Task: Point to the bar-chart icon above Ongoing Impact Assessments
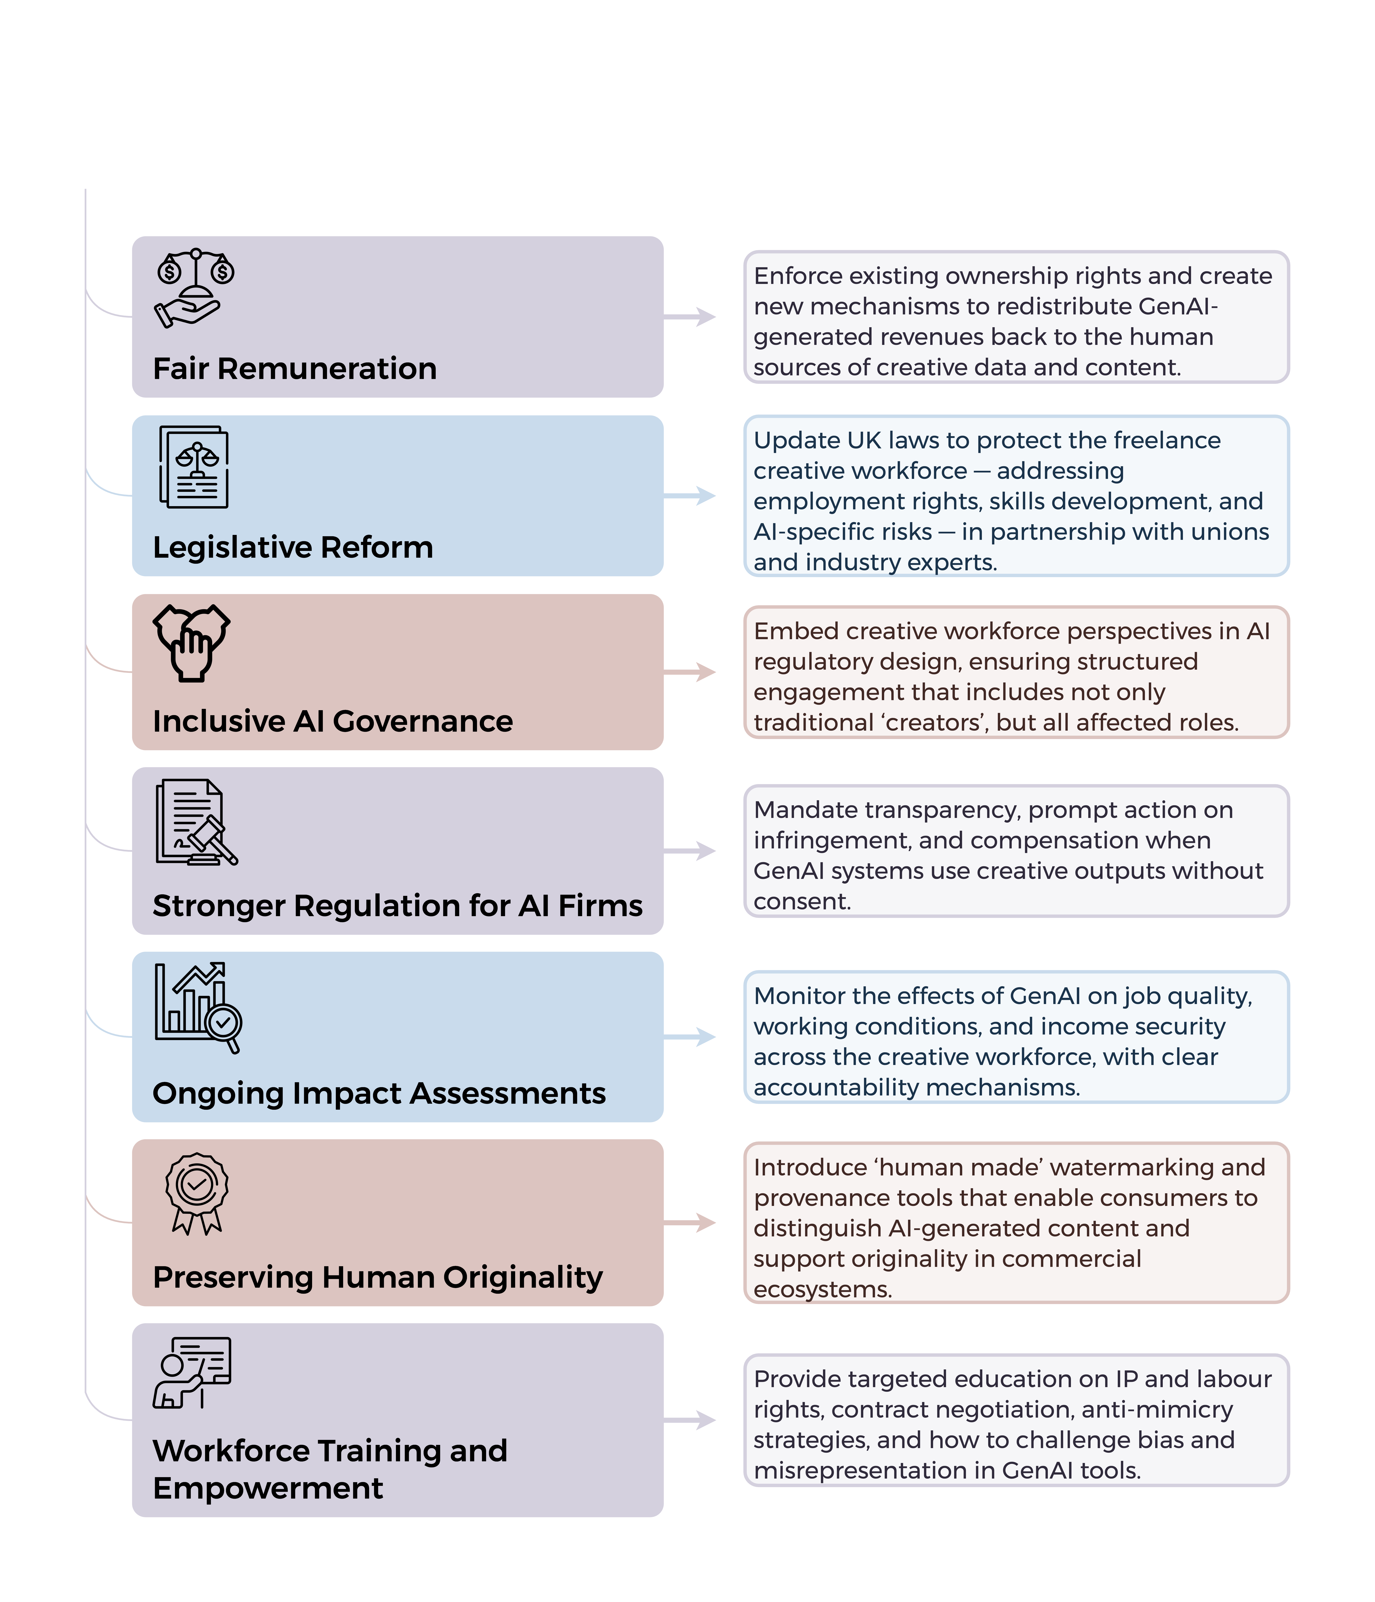(198, 1007)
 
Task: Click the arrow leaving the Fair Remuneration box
(689, 316)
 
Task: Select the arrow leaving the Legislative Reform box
(689, 496)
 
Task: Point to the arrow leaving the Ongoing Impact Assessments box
(689, 1037)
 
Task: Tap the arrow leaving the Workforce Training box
(689, 1419)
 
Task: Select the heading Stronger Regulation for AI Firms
(397, 905)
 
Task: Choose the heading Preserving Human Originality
(377, 1277)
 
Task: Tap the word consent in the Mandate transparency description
(802, 901)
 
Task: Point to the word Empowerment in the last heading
(267, 1488)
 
